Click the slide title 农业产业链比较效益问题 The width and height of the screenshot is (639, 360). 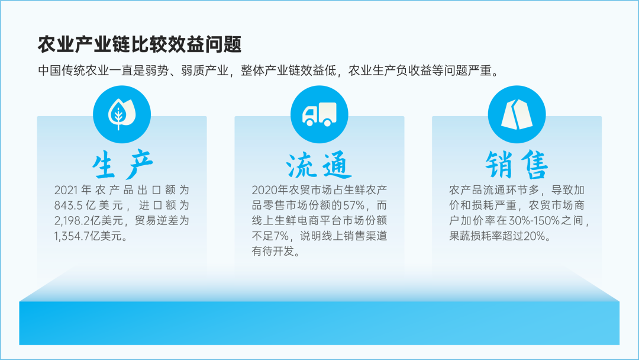140,44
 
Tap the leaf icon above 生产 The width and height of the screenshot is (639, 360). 122,114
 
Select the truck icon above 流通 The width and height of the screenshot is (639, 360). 319,114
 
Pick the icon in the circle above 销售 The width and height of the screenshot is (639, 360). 517,114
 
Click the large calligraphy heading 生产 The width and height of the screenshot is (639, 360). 122,165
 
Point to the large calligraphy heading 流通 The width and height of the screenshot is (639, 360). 319,165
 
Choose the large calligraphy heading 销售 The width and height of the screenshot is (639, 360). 517,165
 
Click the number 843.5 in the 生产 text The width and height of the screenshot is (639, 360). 69,205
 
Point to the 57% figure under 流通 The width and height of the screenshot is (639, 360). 353,205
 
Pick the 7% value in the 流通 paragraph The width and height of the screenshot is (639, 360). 281,236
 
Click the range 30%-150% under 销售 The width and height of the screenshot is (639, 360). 534,221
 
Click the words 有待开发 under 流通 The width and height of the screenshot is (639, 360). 273,252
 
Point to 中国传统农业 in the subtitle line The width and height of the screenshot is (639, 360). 67,71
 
